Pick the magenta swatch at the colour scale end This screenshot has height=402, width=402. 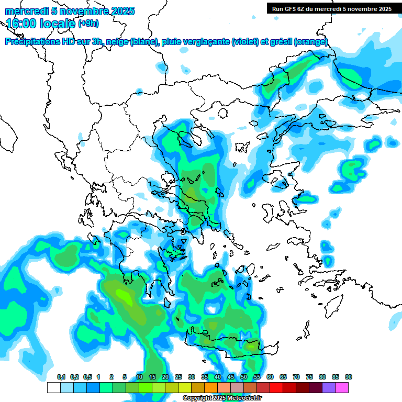(342, 387)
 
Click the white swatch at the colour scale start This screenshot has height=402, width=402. (53, 387)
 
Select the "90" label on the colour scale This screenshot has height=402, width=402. (349, 377)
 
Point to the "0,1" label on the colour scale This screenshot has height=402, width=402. (61, 377)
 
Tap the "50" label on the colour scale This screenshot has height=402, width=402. (244, 377)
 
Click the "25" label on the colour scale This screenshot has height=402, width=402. (178, 377)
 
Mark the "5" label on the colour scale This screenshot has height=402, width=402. (125, 377)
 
